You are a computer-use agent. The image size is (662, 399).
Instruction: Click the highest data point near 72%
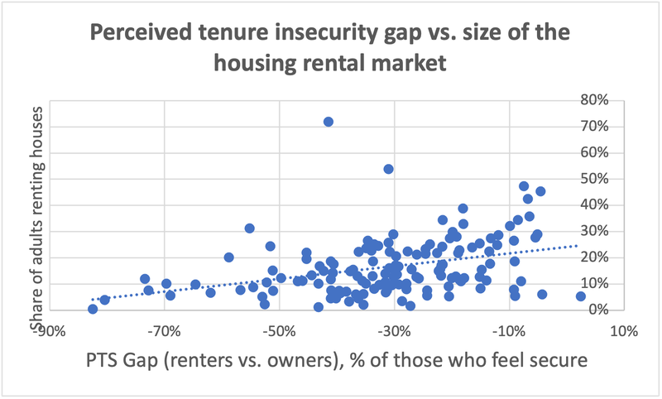(329, 122)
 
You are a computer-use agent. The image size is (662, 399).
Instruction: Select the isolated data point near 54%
(389, 169)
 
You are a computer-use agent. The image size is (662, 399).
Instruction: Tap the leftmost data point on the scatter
(93, 309)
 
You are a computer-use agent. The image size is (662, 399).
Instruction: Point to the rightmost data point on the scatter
(581, 296)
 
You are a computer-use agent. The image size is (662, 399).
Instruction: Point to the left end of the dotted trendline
(93, 300)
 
